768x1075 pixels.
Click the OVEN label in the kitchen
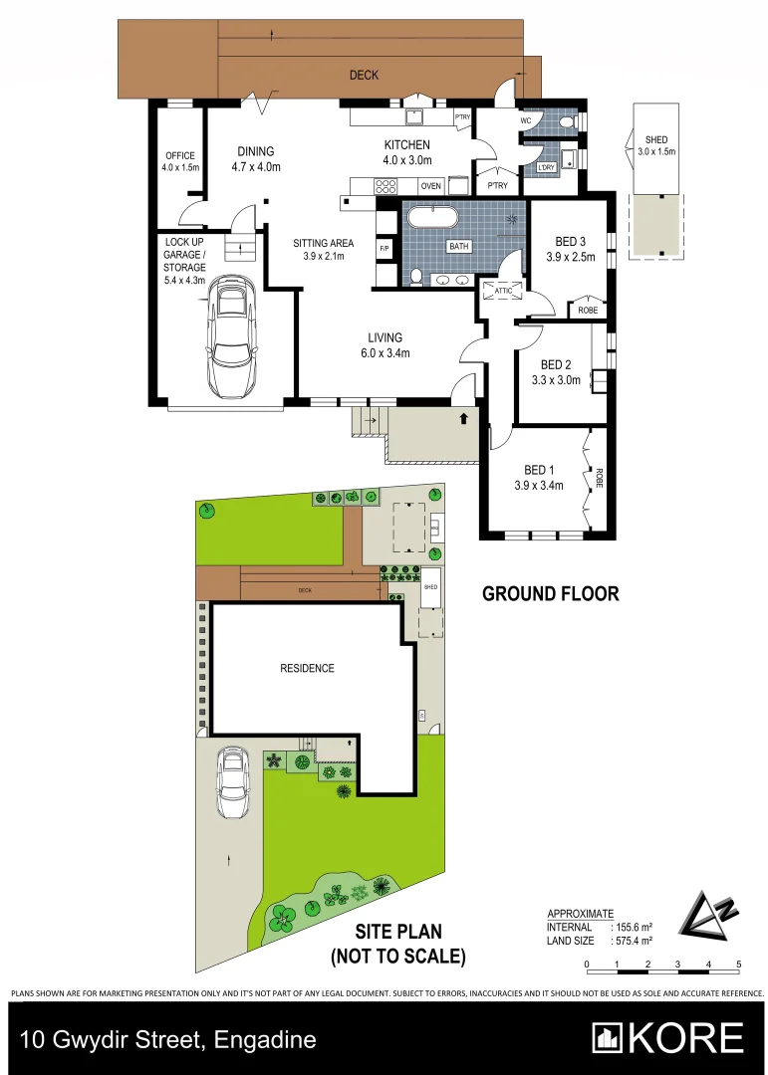[430, 186]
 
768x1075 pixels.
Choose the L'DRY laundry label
[546, 167]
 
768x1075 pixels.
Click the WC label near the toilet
[525, 121]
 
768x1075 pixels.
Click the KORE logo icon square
[609, 1038]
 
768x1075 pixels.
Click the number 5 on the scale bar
[739, 965]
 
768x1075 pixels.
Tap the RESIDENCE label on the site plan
[307, 668]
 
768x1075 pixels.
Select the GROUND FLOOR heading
[551, 594]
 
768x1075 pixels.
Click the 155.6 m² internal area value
[633, 927]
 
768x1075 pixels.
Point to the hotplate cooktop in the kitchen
[384, 186]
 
